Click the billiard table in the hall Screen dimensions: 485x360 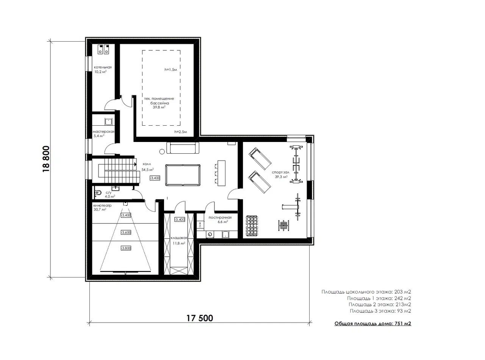tap(183, 175)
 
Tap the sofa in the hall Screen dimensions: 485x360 tap(183, 148)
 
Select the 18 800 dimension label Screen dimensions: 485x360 tap(46, 159)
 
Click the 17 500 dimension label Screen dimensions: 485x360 tap(200, 318)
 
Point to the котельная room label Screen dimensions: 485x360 tap(103, 67)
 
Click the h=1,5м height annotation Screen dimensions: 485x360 tap(171, 70)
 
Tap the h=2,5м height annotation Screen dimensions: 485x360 tap(181, 132)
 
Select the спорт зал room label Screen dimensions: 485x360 tap(280, 172)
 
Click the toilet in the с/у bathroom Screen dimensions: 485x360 tap(98, 193)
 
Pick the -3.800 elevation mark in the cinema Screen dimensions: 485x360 tap(126, 248)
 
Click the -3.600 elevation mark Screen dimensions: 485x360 tap(126, 232)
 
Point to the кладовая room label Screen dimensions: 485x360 tap(179, 238)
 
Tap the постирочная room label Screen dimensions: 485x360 tap(220, 218)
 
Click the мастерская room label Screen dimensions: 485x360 tap(103, 132)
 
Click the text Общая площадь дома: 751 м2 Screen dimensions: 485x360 tap(372, 324)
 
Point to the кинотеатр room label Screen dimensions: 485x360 tap(102, 206)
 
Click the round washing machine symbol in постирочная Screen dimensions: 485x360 tap(210, 234)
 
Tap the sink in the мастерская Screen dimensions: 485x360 tap(108, 122)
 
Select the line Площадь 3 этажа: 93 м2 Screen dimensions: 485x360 tap(380, 311)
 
